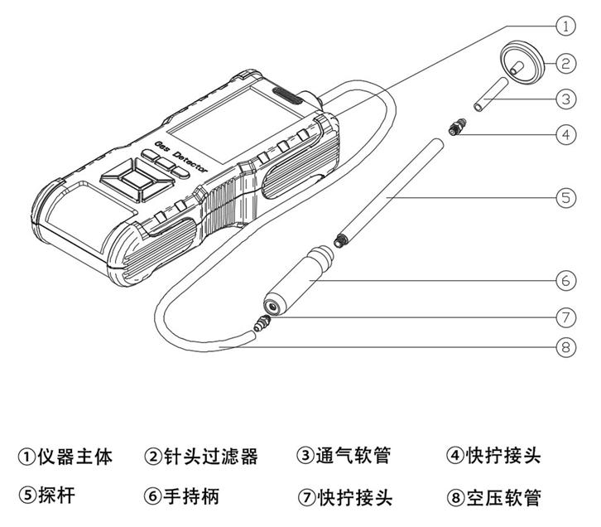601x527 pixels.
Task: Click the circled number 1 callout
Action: [x=565, y=26]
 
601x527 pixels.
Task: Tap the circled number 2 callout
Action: [x=565, y=61]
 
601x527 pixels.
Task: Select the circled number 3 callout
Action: [x=565, y=99]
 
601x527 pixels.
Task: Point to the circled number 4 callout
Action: [x=565, y=134]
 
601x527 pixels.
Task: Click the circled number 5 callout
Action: [x=565, y=198]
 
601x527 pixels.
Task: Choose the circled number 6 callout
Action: [x=565, y=281]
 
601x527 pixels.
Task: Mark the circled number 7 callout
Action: [x=565, y=317]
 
